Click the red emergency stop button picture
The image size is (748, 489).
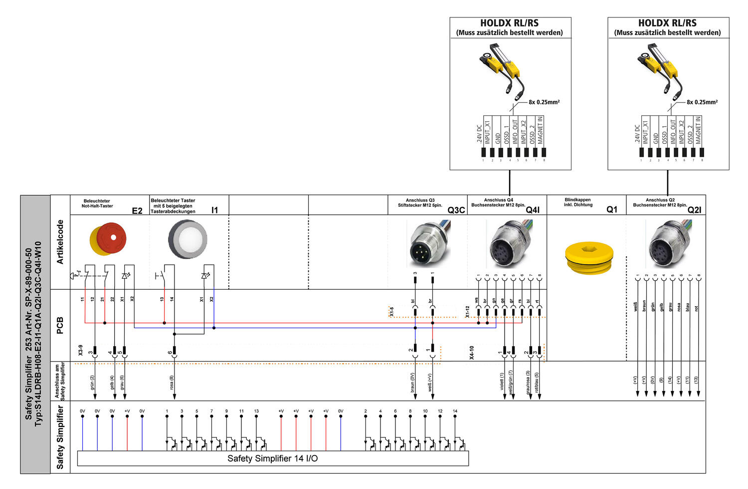pyautogui.click(x=108, y=239)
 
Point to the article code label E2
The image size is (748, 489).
pyautogui.click(x=137, y=211)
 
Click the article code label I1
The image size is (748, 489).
pyautogui.click(x=214, y=210)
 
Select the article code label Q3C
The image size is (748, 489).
pyautogui.click(x=456, y=210)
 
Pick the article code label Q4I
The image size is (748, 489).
pyautogui.click(x=533, y=210)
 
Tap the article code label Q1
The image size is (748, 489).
pyautogui.click(x=612, y=210)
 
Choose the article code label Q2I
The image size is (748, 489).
pyautogui.click(x=694, y=210)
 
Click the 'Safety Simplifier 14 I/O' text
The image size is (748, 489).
pyautogui.click(x=272, y=459)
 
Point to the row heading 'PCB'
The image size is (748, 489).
pyautogui.click(x=60, y=325)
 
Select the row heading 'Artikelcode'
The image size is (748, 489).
pyautogui.click(x=60, y=242)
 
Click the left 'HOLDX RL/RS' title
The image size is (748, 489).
pyautogui.click(x=509, y=23)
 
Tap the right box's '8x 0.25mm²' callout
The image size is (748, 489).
pyautogui.click(x=702, y=102)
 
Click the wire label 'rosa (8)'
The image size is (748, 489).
pyautogui.click(x=172, y=384)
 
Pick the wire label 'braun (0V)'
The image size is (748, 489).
pyautogui.click(x=413, y=383)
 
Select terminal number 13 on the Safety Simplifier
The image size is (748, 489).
pyautogui.click(x=256, y=411)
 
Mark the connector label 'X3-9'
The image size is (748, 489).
pyautogui.click(x=80, y=350)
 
